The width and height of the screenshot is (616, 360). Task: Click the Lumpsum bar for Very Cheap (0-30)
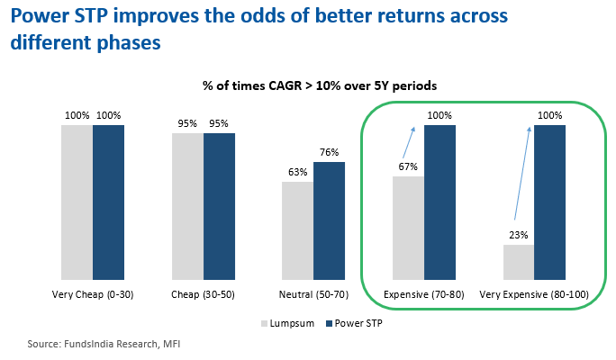[77, 202]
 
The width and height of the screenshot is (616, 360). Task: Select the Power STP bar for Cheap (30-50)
[219, 206]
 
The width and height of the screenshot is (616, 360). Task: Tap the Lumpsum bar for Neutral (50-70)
[297, 230]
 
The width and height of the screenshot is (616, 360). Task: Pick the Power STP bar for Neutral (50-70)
[329, 220]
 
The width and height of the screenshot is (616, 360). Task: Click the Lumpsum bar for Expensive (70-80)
[408, 228]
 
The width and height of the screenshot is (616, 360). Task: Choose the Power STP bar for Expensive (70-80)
[439, 202]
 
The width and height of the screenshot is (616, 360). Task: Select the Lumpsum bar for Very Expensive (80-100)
[518, 262]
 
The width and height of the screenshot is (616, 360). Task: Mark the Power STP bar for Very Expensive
[549, 202]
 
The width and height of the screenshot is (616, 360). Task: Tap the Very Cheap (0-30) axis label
[93, 294]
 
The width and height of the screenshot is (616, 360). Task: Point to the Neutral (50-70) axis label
[313, 294]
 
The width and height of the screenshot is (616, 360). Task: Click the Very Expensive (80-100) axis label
[533, 294]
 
